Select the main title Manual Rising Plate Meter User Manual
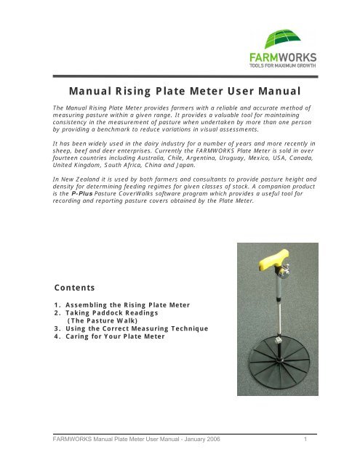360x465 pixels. pyautogui.click(x=179, y=93)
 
